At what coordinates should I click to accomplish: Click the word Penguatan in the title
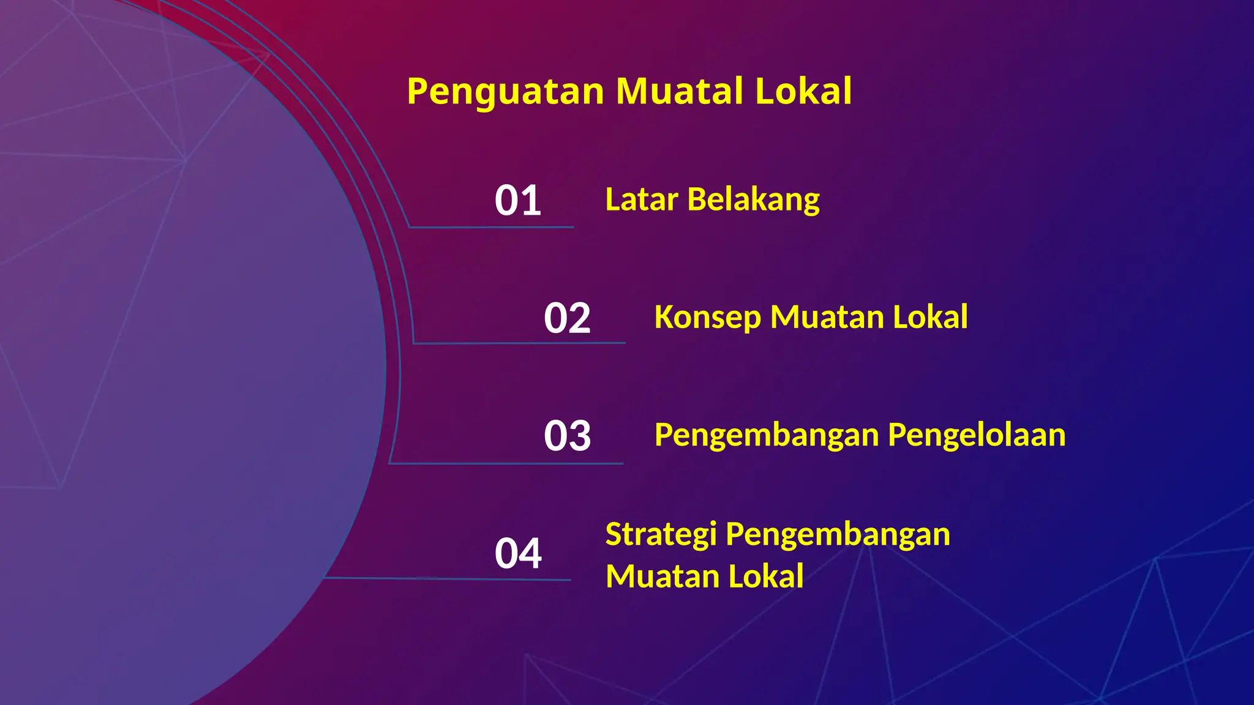(x=506, y=92)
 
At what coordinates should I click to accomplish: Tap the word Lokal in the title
(x=803, y=91)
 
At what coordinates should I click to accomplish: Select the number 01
(x=518, y=200)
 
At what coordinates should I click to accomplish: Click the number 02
(x=567, y=318)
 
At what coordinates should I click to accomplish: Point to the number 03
(x=567, y=436)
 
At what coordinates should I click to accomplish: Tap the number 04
(x=518, y=553)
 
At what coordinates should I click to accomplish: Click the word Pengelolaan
(x=977, y=436)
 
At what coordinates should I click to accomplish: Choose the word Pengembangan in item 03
(x=767, y=436)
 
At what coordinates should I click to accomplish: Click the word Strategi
(x=661, y=535)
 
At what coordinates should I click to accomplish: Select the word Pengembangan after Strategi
(x=838, y=535)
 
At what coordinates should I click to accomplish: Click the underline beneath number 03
(x=506, y=463)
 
